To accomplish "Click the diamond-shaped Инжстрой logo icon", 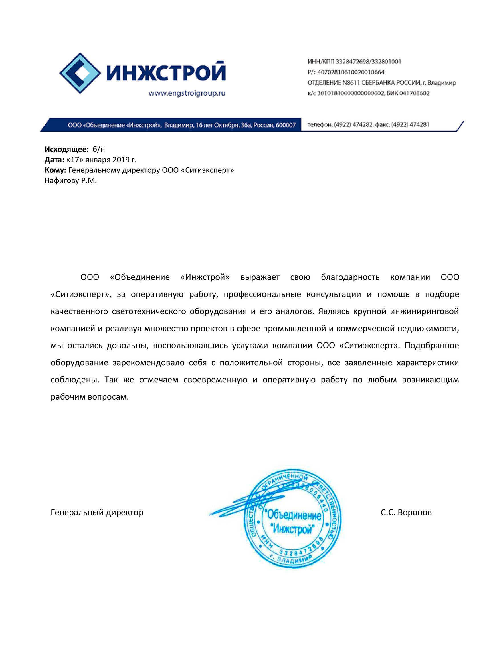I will (80, 73).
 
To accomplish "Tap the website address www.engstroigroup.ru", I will (187, 94).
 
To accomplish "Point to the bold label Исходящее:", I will (66, 149).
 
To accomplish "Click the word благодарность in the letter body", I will (350, 277).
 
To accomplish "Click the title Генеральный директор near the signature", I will (97, 513).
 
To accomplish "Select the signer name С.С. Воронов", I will (406, 513).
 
